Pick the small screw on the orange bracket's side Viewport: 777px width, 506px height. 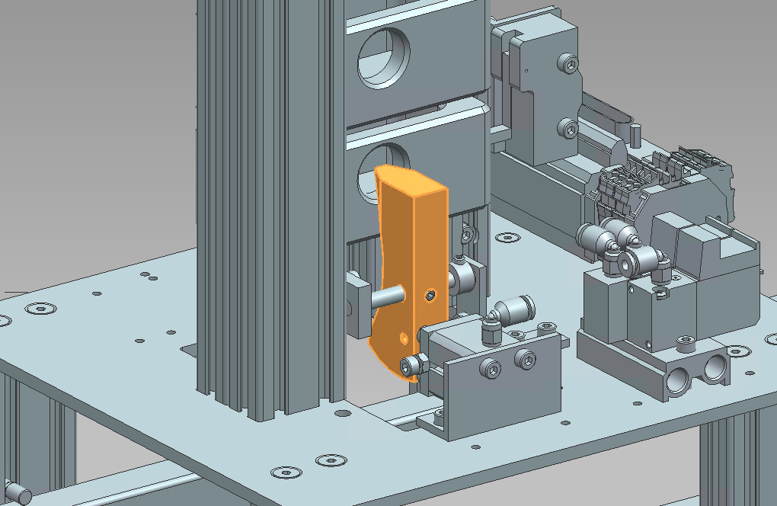click(431, 294)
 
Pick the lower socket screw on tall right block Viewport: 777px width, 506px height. click(567, 128)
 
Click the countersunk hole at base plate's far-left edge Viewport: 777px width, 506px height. click(40, 309)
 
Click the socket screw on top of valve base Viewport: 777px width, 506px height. click(686, 341)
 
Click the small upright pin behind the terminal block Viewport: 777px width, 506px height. click(634, 131)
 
